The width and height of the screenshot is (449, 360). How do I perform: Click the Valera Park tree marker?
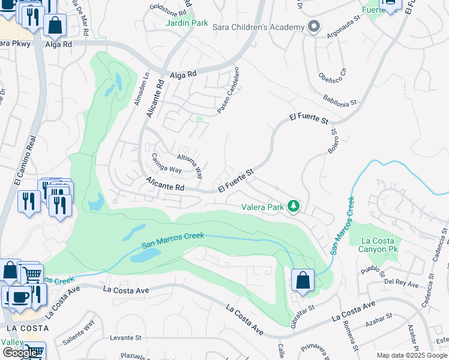pyautogui.click(x=294, y=207)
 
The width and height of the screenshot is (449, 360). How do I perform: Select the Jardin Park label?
pyautogui.click(x=187, y=23)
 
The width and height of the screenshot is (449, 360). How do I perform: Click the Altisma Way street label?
pyautogui.click(x=190, y=165)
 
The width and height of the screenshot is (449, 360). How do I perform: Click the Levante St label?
pyautogui.click(x=125, y=338)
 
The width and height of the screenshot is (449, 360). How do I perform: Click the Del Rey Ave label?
pyautogui.click(x=402, y=282)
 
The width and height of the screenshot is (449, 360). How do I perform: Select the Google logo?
pyautogui.click(x=20, y=353)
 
